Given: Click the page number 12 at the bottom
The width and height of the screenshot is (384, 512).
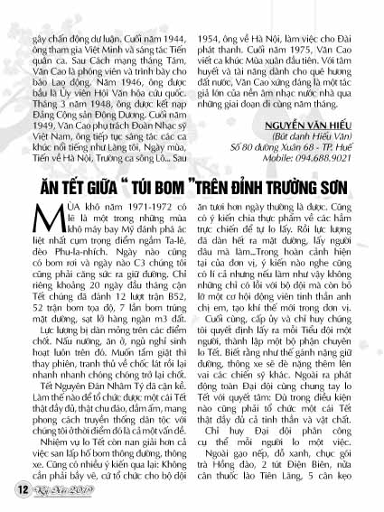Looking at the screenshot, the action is coord(19,489).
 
